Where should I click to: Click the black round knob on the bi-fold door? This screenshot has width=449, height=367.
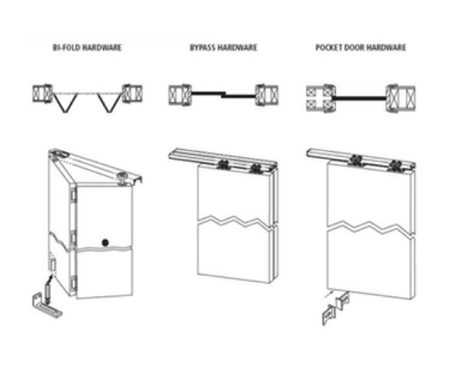[x=106, y=242]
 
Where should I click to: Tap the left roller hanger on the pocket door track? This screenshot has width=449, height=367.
[x=359, y=161]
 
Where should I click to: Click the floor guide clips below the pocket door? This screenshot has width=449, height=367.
[x=336, y=309]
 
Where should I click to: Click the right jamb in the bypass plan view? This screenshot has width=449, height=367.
[x=267, y=93]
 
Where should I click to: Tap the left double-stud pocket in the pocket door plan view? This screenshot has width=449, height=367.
[x=319, y=98]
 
